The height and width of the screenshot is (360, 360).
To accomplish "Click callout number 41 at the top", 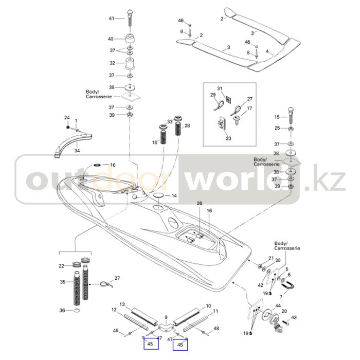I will click(111, 19).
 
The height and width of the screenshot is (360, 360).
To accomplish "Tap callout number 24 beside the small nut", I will click(66, 118).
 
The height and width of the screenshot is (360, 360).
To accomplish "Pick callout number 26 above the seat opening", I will click(199, 204).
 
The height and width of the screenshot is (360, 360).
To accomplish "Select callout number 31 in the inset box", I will click(219, 88).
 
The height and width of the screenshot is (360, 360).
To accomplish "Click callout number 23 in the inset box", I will click(228, 138).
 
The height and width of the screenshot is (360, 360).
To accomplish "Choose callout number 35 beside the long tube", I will click(63, 282).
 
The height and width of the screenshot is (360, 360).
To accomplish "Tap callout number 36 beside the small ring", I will click(62, 310).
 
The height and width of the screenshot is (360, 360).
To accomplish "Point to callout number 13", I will click(122, 305).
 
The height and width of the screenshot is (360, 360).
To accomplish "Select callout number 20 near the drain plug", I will click(284, 312).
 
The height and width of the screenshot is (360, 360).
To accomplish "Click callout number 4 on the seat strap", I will click(267, 51).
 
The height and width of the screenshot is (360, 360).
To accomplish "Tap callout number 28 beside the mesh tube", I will click(187, 125).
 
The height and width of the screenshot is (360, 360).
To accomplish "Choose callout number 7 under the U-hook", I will click(281, 297).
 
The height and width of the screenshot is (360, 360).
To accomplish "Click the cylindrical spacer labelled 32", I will click(131, 66).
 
